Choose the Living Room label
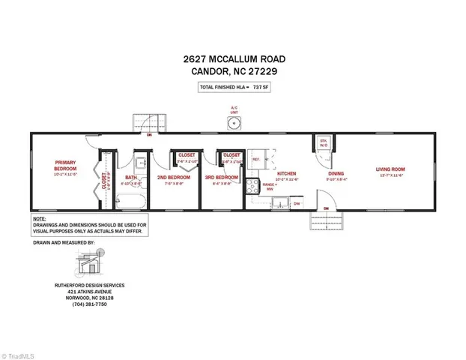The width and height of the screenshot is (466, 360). coord(390,169)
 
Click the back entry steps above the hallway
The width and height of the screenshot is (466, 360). coord(148,122)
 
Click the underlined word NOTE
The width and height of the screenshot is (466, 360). coord(38,218)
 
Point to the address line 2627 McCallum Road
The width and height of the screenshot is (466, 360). coord(232,58)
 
